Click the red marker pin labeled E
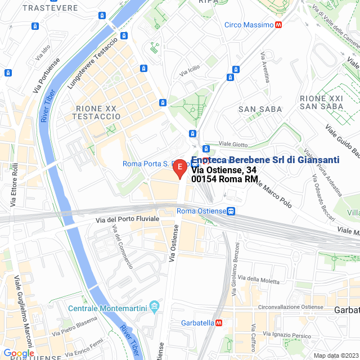(x=179, y=168)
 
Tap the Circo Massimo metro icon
(x=278, y=25)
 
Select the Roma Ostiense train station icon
(x=231, y=211)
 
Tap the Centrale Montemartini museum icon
(x=154, y=308)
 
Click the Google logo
(x=19, y=353)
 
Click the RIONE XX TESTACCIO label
(x=96, y=112)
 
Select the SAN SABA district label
(x=259, y=109)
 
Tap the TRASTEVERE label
(x=50, y=8)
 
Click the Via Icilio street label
(x=190, y=71)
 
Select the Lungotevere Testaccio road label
(x=92, y=63)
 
